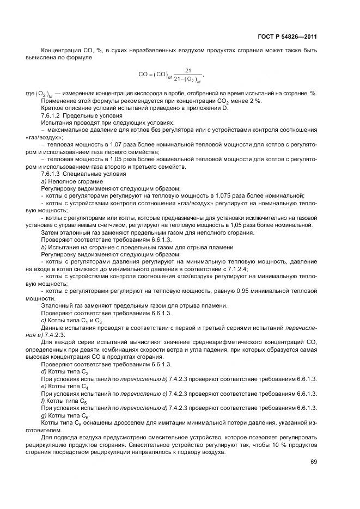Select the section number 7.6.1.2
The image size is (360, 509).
coord(51,116)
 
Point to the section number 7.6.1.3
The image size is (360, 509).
coord(51,174)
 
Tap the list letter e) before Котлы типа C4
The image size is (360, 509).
coord(43,385)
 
